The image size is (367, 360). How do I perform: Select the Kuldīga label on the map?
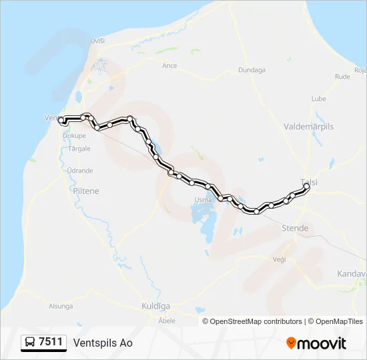click(156, 306)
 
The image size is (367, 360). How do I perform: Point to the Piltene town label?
click(85, 191)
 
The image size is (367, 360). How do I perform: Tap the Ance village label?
click(169, 65)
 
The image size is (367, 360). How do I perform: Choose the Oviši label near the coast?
click(98, 41)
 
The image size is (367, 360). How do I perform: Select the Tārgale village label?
click(79, 148)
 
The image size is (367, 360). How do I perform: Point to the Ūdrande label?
click(80, 171)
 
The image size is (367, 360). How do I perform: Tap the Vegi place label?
click(280, 259)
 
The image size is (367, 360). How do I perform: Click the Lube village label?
click(318, 99)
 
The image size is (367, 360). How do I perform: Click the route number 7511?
click(51, 342)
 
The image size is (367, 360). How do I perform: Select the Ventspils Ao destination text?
click(103, 343)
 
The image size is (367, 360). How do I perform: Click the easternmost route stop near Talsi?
click(306, 187)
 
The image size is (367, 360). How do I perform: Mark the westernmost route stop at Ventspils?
click(61, 121)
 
